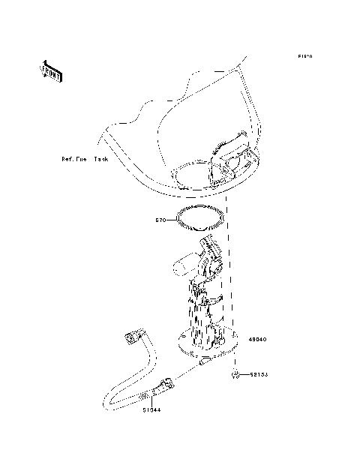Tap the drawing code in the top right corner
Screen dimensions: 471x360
pyautogui.click(x=304, y=57)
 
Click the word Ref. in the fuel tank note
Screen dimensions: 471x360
pyautogui.click(x=70, y=160)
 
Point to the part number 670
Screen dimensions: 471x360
pyautogui.click(x=160, y=220)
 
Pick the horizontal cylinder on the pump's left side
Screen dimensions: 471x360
pyautogui.click(x=184, y=264)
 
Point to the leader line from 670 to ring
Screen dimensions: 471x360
pyautogui.click(x=171, y=220)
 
